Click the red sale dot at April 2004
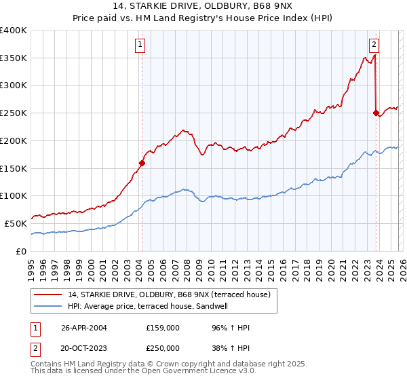[142, 163]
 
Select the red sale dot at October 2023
[376, 113]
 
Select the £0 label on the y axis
[22, 251]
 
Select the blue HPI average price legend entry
[150, 306]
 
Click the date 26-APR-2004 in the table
[84, 328]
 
